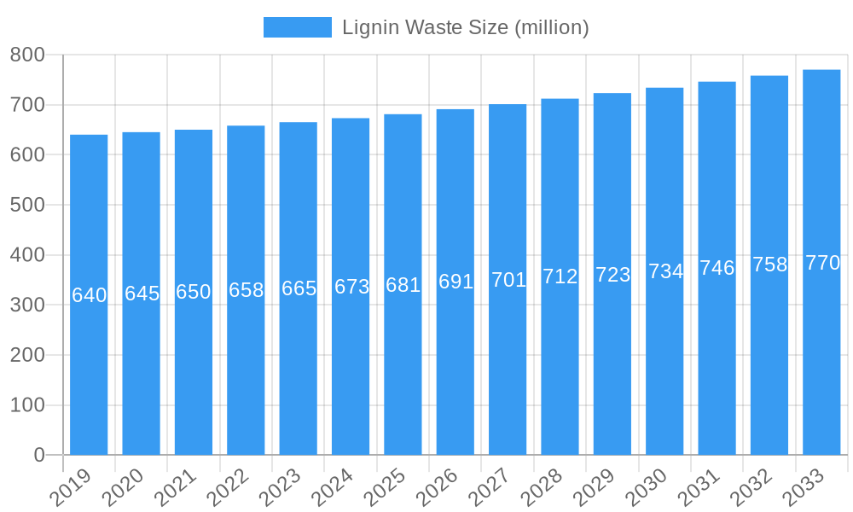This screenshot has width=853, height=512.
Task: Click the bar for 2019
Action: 89,375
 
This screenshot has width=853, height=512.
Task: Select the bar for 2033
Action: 821,358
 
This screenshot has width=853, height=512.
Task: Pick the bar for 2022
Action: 246,375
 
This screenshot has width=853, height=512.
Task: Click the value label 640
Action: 89,295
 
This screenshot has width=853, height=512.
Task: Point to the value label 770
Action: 822,263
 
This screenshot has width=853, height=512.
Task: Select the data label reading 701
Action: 508,280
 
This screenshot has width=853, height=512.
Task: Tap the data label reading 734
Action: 665,271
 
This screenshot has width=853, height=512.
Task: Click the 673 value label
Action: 351,287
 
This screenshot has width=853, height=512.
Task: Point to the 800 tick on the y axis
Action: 27,55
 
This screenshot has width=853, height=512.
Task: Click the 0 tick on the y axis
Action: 39,455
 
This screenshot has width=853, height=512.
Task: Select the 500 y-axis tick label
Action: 27,205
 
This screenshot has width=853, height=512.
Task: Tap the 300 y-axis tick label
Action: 27,305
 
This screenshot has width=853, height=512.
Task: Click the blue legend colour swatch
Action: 297,27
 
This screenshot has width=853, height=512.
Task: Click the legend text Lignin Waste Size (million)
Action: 465,27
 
